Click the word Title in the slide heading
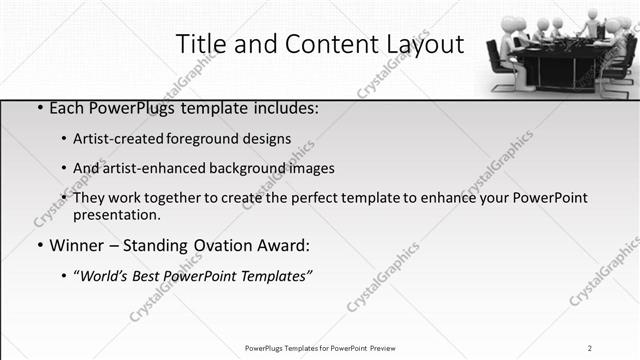(x=200, y=44)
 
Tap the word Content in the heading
(x=321, y=44)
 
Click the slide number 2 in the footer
(x=590, y=348)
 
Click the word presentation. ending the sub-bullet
(x=116, y=215)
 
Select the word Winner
(x=76, y=245)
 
